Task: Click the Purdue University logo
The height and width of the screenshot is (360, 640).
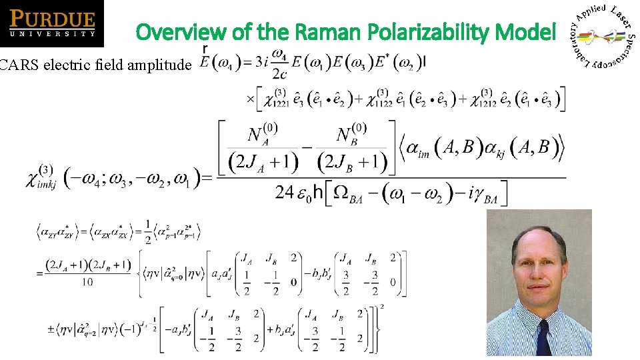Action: coord(52,23)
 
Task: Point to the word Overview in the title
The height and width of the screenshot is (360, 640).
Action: coord(177,31)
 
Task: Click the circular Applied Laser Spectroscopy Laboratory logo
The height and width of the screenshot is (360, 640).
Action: coord(604,35)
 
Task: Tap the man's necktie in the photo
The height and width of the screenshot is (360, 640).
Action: coord(544,337)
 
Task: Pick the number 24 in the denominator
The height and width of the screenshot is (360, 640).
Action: coord(285,193)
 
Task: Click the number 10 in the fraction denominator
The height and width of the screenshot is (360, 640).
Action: coord(87,282)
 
